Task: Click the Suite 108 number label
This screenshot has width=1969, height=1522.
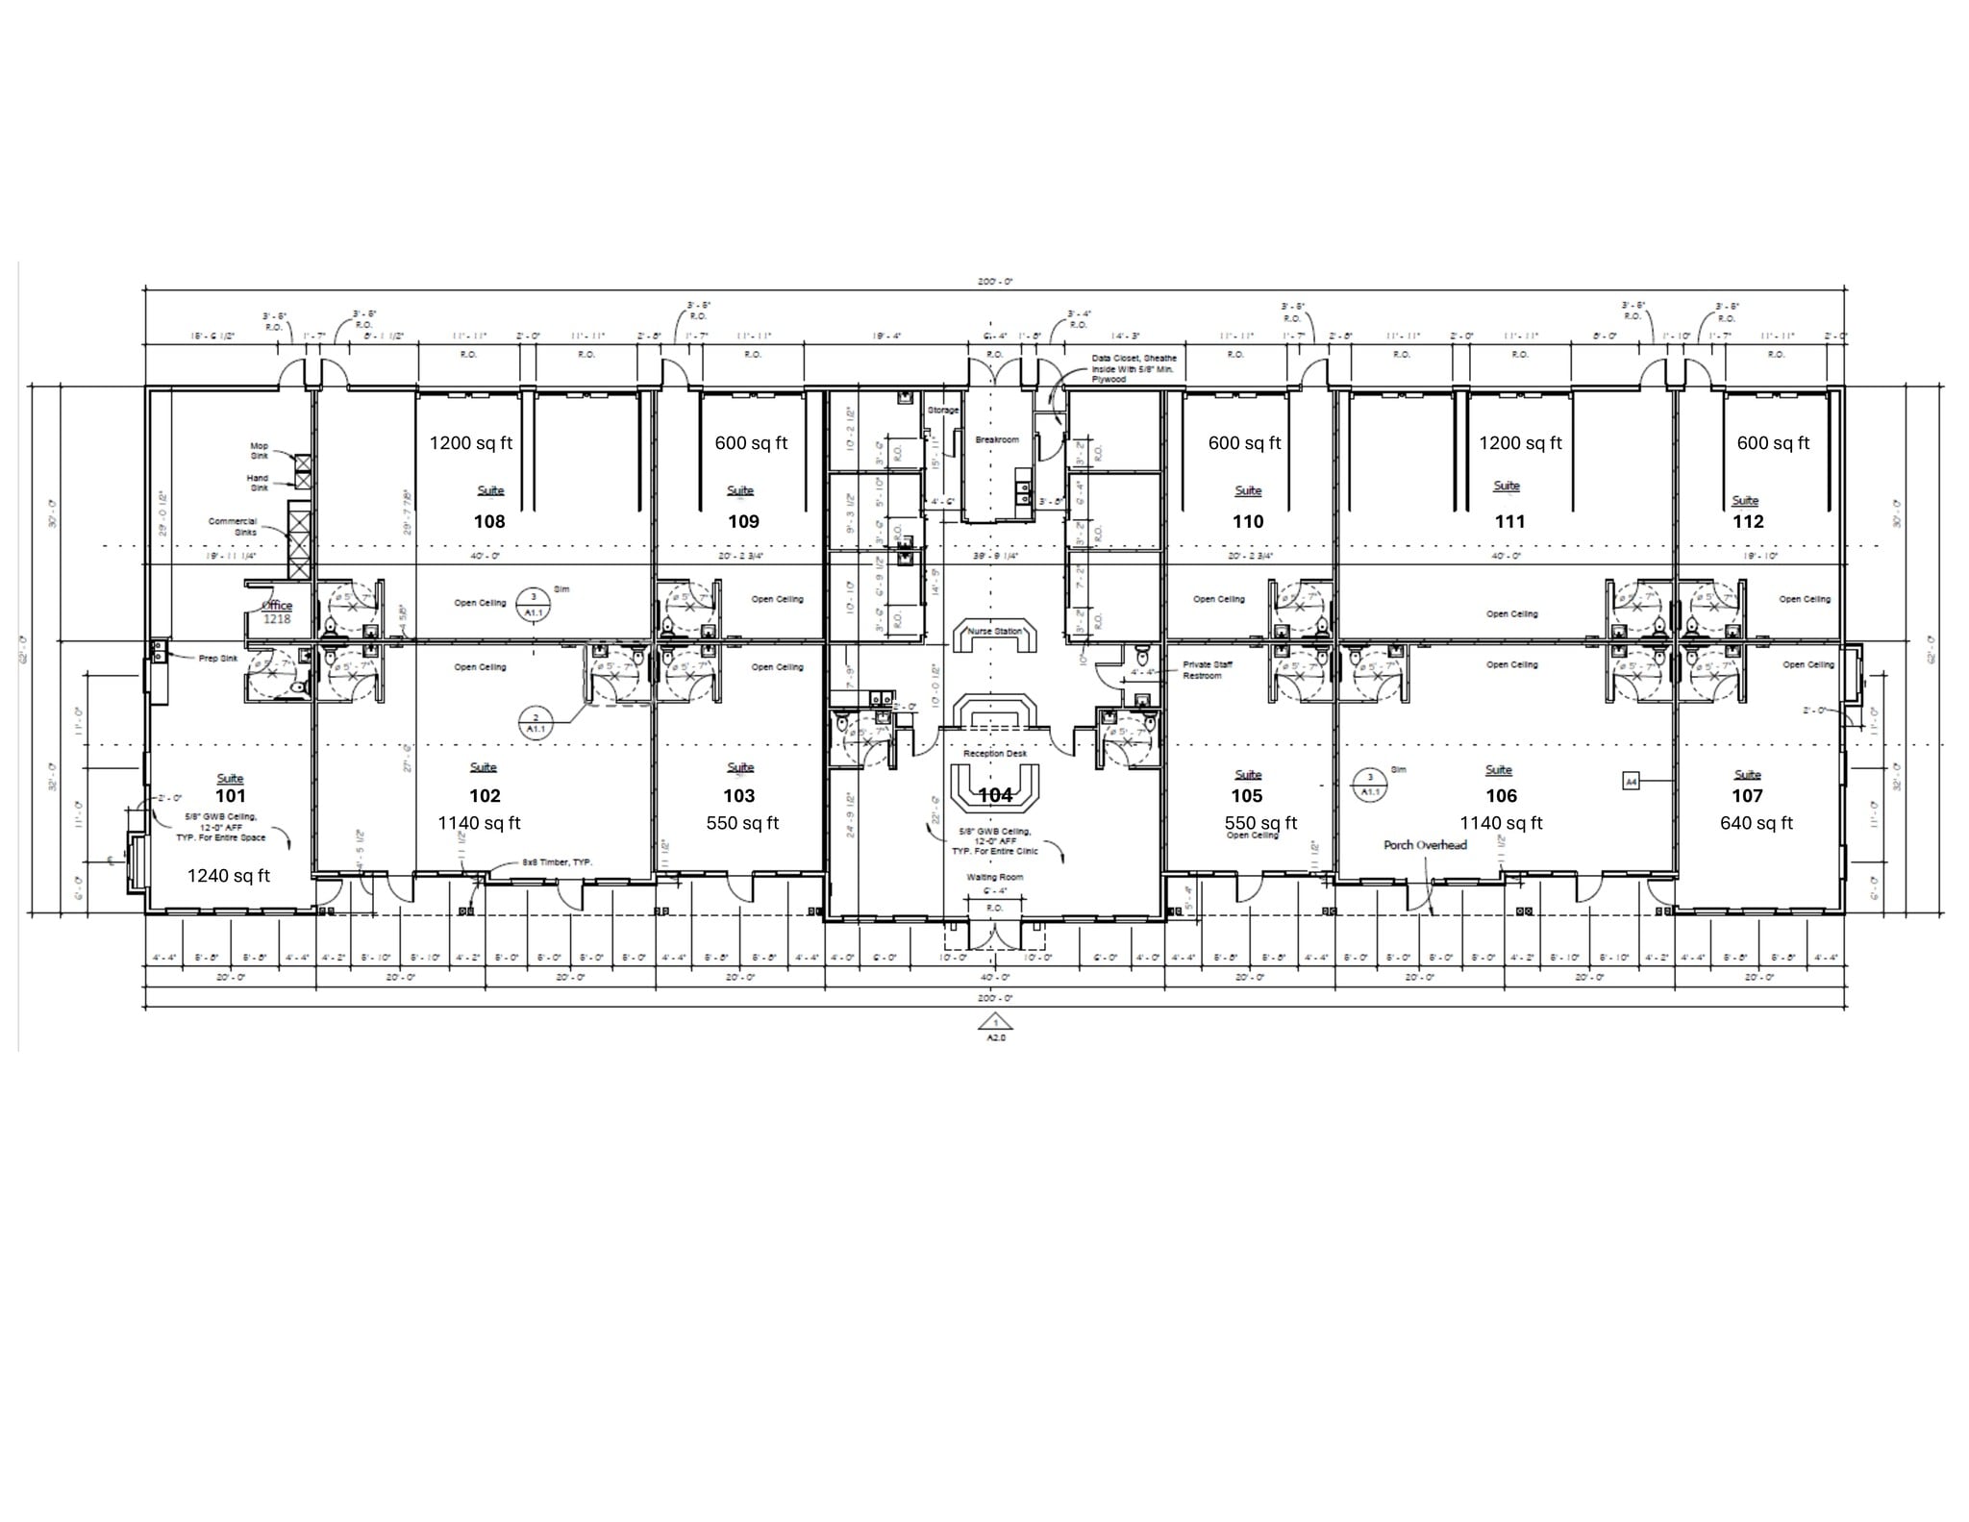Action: pos(488,522)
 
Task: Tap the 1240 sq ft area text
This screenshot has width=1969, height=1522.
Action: pos(228,876)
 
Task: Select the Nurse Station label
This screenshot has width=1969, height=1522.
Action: pos(994,632)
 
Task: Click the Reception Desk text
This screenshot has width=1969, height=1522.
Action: pos(995,754)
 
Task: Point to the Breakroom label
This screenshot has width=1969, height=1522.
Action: pos(996,439)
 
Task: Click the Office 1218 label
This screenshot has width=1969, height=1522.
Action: pos(277,612)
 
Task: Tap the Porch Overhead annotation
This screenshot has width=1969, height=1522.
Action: pos(1425,845)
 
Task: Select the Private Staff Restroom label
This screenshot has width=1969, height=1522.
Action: pos(1207,670)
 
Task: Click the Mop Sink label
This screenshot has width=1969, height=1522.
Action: pos(260,450)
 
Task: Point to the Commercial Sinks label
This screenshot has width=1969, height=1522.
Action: pos(233,526)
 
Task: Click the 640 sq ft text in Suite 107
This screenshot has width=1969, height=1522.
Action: pos(1756,823)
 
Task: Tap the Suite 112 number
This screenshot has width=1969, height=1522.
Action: pos(1748,522)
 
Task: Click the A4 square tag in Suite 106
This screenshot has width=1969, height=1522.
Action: pos(1631,782)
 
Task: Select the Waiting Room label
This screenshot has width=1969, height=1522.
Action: pos(995,877)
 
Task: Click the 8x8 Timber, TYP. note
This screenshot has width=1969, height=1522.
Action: pos(558,862)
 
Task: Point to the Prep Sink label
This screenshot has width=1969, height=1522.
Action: pos(218,659)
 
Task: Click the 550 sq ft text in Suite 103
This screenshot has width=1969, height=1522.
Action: pos(742,823)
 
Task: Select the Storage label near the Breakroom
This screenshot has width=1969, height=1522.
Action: pos(942,411)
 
